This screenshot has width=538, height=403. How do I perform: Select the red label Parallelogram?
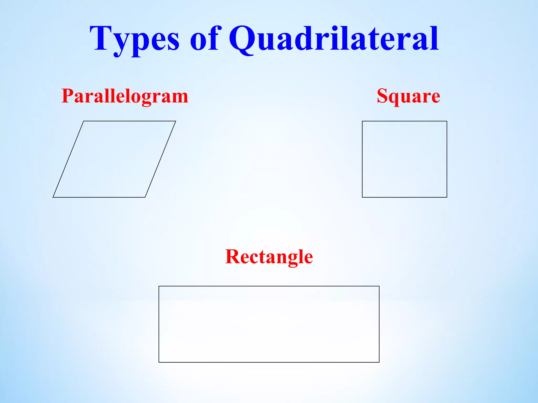[125, 96]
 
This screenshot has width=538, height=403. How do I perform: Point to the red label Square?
[408, 96]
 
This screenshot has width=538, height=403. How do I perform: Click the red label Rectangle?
[269, 257]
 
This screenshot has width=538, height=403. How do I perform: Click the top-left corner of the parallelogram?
[84, 121]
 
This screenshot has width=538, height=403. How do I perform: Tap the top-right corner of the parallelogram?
[175, 121]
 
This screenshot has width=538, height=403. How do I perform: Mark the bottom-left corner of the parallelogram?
[53, 197]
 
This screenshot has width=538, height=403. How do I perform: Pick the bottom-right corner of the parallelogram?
[145, 197]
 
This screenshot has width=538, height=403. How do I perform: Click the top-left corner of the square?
[362, 121]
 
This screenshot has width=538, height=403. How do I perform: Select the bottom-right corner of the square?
[447, 197]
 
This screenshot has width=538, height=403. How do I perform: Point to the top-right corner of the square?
[447, 121]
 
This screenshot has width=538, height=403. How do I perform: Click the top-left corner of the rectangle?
[159, 286]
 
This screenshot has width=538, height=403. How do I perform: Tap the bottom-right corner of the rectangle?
[379, 362]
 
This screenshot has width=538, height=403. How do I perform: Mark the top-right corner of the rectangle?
[379, 286]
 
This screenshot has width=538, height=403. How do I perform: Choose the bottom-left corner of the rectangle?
[159, 362]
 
